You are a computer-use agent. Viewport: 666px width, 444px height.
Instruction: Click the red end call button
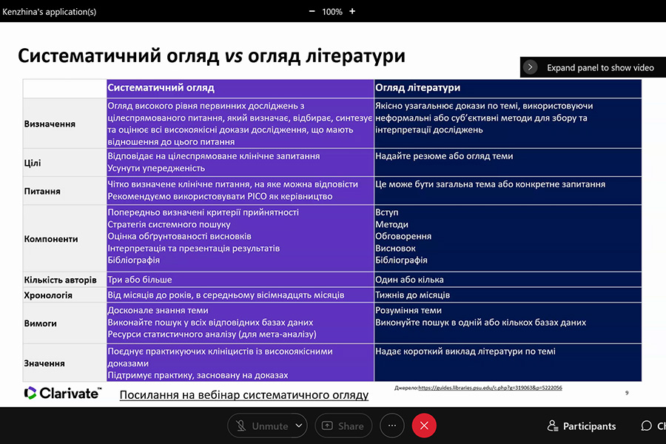[x=424, y=425]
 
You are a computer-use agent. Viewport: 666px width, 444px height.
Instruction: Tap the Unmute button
[x=263, y=425]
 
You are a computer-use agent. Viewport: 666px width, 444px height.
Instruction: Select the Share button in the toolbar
[x=343, y=425]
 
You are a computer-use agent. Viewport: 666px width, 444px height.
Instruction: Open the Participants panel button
[x=581, y=425]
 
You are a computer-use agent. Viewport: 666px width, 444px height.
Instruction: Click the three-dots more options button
[x=392, y=425]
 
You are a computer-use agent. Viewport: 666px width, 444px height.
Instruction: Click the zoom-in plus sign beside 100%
[x=352, y=11]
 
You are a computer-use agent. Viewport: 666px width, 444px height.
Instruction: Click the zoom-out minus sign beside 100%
[x=312, y=11]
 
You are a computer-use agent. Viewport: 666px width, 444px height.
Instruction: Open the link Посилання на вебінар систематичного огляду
[x=243, y=395]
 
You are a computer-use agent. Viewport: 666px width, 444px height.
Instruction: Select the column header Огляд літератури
[x=417, y=88]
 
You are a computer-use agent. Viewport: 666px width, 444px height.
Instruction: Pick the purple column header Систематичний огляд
[x=161, y=88]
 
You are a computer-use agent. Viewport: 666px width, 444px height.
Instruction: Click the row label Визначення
[x=50, y=124]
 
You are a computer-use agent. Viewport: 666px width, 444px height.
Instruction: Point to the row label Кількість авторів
[x=60, y=280]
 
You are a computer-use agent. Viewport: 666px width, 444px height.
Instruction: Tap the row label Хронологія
[x=48, y=295]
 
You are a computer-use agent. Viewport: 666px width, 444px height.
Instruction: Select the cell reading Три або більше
[x=140, y=280]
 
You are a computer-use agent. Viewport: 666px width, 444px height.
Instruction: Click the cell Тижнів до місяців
[x=412, y=295]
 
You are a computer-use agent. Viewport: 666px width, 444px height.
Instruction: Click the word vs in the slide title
[x=234, y=55]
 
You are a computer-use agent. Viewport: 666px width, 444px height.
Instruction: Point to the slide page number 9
[x=627, y=393]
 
